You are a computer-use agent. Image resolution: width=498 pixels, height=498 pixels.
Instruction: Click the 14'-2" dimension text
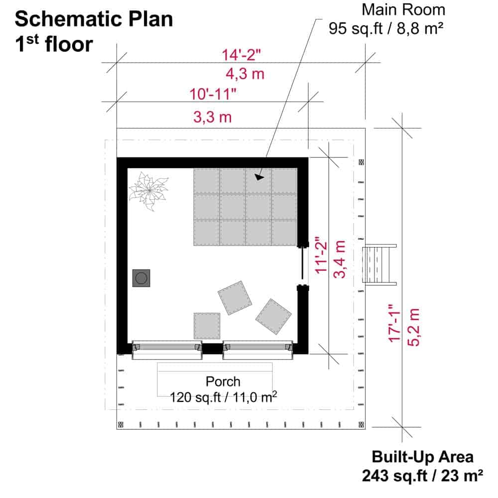pos(241,55)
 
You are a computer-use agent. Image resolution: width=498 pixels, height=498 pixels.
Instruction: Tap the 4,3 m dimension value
pos(245,74)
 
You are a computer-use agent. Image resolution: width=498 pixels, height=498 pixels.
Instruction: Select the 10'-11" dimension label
pos(213,94)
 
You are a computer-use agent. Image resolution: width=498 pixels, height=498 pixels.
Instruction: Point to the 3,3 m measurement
pos(213,117)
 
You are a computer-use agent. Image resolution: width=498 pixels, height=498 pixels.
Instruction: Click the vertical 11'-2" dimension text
pos(321,254)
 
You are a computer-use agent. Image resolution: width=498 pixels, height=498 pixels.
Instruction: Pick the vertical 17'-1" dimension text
pos(395,323)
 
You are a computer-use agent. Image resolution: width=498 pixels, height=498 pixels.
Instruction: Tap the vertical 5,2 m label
pos(413,327)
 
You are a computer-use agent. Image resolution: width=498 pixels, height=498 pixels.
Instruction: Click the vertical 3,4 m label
pos(339,259)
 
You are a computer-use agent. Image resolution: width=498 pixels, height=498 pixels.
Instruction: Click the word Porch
pos(223,381)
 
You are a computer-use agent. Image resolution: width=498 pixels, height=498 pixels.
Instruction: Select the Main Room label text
pos(403,9)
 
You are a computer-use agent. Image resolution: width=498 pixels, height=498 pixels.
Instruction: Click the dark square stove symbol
pos(141,278)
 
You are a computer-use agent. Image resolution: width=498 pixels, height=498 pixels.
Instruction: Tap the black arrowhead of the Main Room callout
pos(259,177)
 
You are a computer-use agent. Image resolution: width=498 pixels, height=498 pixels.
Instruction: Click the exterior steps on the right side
pos(379,264)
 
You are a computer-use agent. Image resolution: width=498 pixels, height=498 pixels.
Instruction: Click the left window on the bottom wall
pos(167,350)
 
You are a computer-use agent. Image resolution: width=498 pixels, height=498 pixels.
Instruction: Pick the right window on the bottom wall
pos(257,350)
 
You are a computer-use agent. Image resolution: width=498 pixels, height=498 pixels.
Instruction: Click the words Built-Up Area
pos(422,457)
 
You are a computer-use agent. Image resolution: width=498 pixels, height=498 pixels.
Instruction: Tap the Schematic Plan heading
pos(94,19)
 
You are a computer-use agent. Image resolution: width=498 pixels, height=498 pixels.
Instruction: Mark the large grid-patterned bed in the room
pos(246,207)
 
